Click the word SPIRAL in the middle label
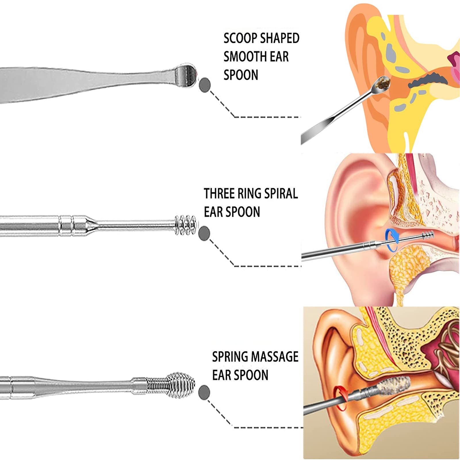click(x=281, y=193)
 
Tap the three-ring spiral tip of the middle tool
click(x=185, y=225)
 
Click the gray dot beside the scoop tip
click(x=205, y=85)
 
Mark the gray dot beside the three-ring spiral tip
click(x=204, y=233)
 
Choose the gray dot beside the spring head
click(x=204, y=392)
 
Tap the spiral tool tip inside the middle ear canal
click(x=428, y=235)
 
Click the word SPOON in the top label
click(x=241, y=75)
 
